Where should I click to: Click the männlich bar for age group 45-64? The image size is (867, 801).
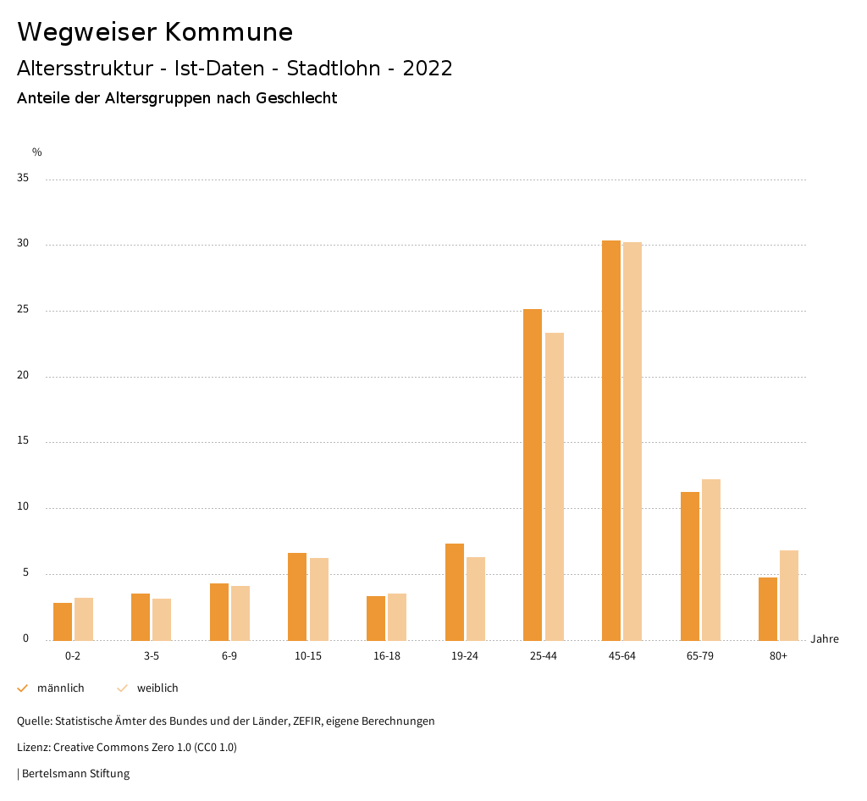coord(611,440)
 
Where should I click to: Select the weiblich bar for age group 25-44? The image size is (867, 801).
coord(555,487)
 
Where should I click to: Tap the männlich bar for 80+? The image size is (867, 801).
coord(768,609)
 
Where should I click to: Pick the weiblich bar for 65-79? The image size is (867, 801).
coord(711,560)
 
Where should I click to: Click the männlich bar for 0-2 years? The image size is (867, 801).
coord(63,621)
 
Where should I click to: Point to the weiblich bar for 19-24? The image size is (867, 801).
coord(476,599)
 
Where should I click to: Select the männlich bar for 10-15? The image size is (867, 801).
coord(297,597)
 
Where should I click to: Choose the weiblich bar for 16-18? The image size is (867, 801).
coord(397,617)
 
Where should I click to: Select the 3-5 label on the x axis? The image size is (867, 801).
coord(152,656)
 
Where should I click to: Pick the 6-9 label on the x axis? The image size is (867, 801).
coord(229,656)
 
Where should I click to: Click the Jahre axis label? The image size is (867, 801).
coord(824,639)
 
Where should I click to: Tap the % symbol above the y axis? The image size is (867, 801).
coord(37,152)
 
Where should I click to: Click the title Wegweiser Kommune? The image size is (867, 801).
coord(155,32)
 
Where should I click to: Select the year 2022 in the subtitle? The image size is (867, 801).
coord(428,69)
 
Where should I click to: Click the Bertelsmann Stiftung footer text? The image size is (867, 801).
coord(75,773)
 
